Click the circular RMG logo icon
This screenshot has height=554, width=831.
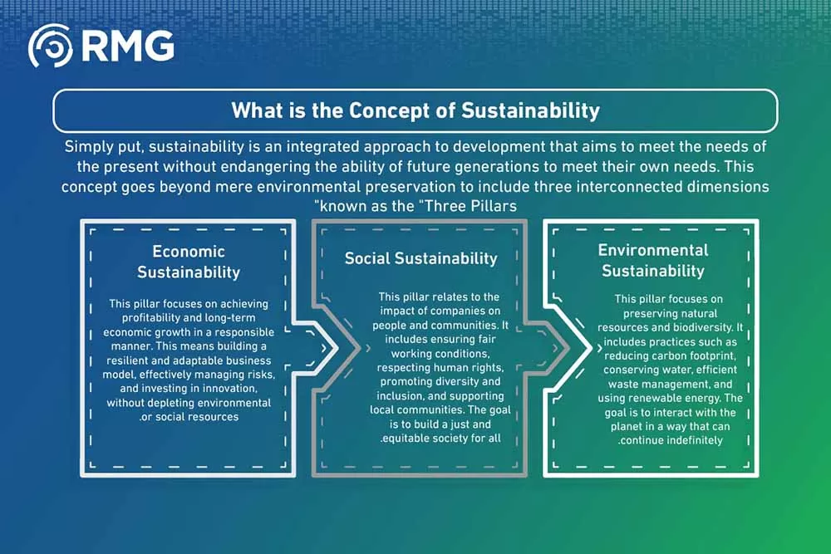click(51, 46)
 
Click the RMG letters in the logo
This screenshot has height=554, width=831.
click(128, 46)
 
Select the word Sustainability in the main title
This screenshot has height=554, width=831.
click(530, 110)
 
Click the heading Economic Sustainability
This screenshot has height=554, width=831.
click(189, 262)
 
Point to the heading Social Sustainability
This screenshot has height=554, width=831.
click(420, 258)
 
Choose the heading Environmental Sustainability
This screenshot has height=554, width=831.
click(653, 261)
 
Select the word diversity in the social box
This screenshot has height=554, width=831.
click(459, 381)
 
